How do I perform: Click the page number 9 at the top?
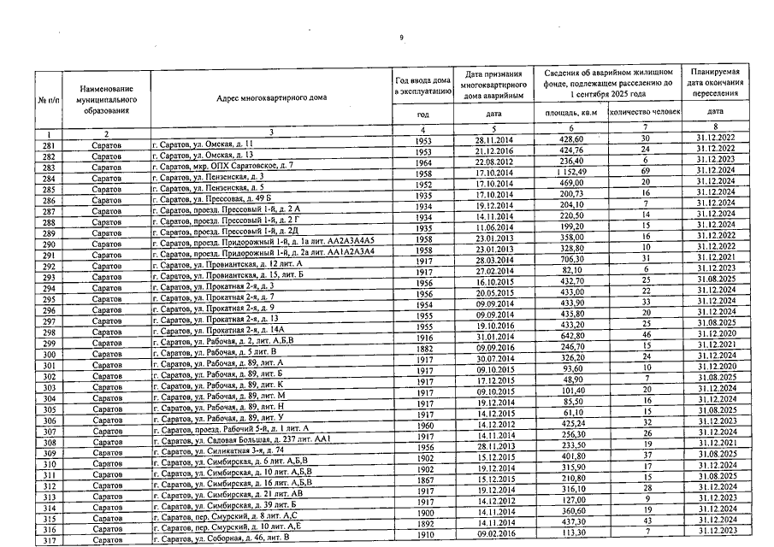point(401,36)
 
